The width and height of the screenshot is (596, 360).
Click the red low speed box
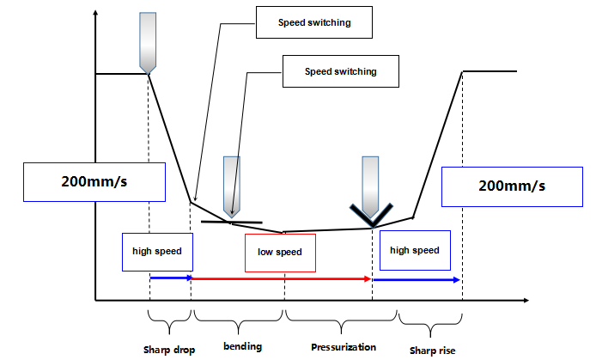[279, 253]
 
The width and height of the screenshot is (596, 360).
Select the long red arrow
[281, 279]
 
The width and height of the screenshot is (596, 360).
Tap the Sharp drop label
[169, 349]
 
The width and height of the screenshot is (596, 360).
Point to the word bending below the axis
[242, 346]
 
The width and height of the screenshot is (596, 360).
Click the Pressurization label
[344, 346]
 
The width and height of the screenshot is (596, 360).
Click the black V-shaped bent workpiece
[371, 215]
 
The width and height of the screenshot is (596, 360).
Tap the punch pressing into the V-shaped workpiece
[370, 184]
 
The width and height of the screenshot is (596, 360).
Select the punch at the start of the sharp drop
[149, 42]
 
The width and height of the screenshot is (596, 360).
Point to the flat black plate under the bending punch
[231, 223]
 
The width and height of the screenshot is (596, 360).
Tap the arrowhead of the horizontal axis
[523, 300]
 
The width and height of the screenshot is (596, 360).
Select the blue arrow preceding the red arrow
[170, 278]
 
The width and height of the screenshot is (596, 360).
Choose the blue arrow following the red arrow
[417, 279]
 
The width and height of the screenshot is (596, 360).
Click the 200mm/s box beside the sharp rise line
[511, 186]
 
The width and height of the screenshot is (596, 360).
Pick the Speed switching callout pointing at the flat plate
[340, 70]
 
